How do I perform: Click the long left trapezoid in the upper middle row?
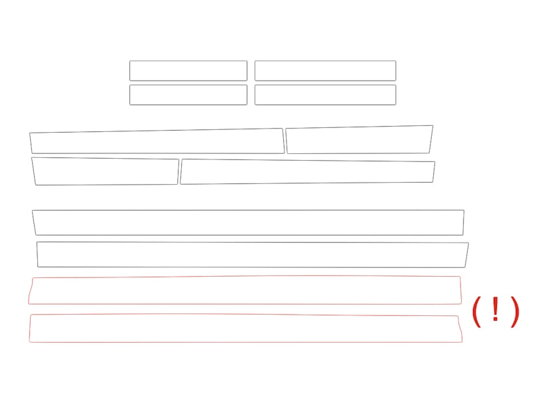157,153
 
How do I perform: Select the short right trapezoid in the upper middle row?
357,153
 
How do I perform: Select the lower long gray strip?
252,267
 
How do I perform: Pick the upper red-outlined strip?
245,304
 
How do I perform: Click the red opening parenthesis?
476,311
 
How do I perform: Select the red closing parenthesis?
516,311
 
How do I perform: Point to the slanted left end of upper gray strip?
34,223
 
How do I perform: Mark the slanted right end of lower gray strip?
467,255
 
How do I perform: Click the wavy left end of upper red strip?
30,291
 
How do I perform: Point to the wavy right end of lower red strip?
460,329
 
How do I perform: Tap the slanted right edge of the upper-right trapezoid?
431,139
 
